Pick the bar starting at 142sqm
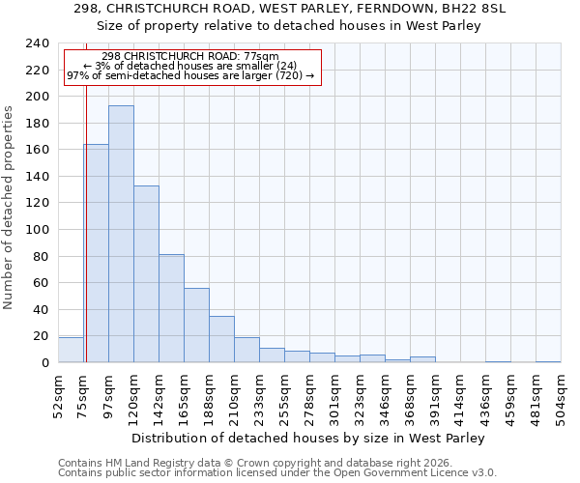(171, 308)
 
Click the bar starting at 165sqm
(196, 325)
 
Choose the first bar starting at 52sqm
(71, 350)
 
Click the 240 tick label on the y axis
(38, 43)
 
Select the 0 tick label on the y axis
(44, 363)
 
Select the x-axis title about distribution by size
(308, 438)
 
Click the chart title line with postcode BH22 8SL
(289, 9)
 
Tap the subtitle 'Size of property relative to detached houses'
(289, 25)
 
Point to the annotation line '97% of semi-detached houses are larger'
(190, 75)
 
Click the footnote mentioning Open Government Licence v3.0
(276, 472)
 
